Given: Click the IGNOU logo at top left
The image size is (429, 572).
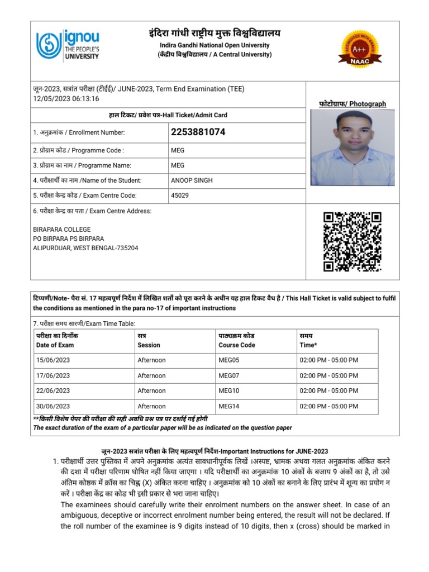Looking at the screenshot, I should pyautogui.click(x=68, y=45).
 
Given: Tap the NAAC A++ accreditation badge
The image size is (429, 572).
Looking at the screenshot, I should pyautogui.click(x=360, y=49).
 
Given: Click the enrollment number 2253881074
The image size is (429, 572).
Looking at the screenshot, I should pyautogui.click(x=198, y=132).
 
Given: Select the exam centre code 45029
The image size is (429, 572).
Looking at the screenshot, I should pyautogui.click(x=180, y=196).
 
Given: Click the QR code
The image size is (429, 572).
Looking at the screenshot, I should pyautogui.click(x=352, y=241).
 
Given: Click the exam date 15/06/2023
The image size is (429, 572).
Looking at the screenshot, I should pyautogui.click(x=53, y=360).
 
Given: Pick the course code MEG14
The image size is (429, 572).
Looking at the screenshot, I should pyautogui.click(x=228, y=406).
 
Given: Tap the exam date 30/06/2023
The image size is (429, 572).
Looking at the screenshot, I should pyautogui.click(x=53, y=406).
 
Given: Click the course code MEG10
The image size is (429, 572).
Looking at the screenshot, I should pyautogui.click(x=228, y=391).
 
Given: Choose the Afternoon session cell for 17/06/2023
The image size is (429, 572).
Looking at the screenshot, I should pyautogui.click(x=151, y=376).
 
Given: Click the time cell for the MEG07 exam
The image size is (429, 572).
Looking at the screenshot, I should pyautogui.click(x=329, y=376).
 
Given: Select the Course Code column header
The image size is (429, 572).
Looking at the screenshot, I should pyautogui.click(x=236, y=345).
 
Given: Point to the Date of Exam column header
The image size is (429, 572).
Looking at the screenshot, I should pyautogui.click(x=55, y=345).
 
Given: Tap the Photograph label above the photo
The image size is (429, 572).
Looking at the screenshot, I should pyautogui.click(x=352, y=104).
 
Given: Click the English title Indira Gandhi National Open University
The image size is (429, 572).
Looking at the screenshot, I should pyautogui.click(x=214, y=45).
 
